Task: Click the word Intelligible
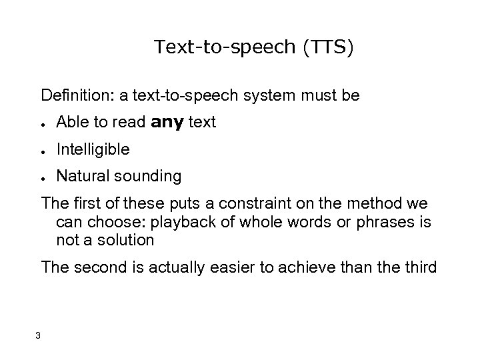93,150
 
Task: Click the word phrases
383,221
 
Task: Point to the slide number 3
39,335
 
